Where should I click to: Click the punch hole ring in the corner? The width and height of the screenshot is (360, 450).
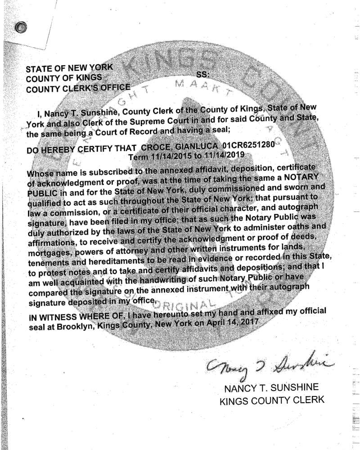coord(20,28)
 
